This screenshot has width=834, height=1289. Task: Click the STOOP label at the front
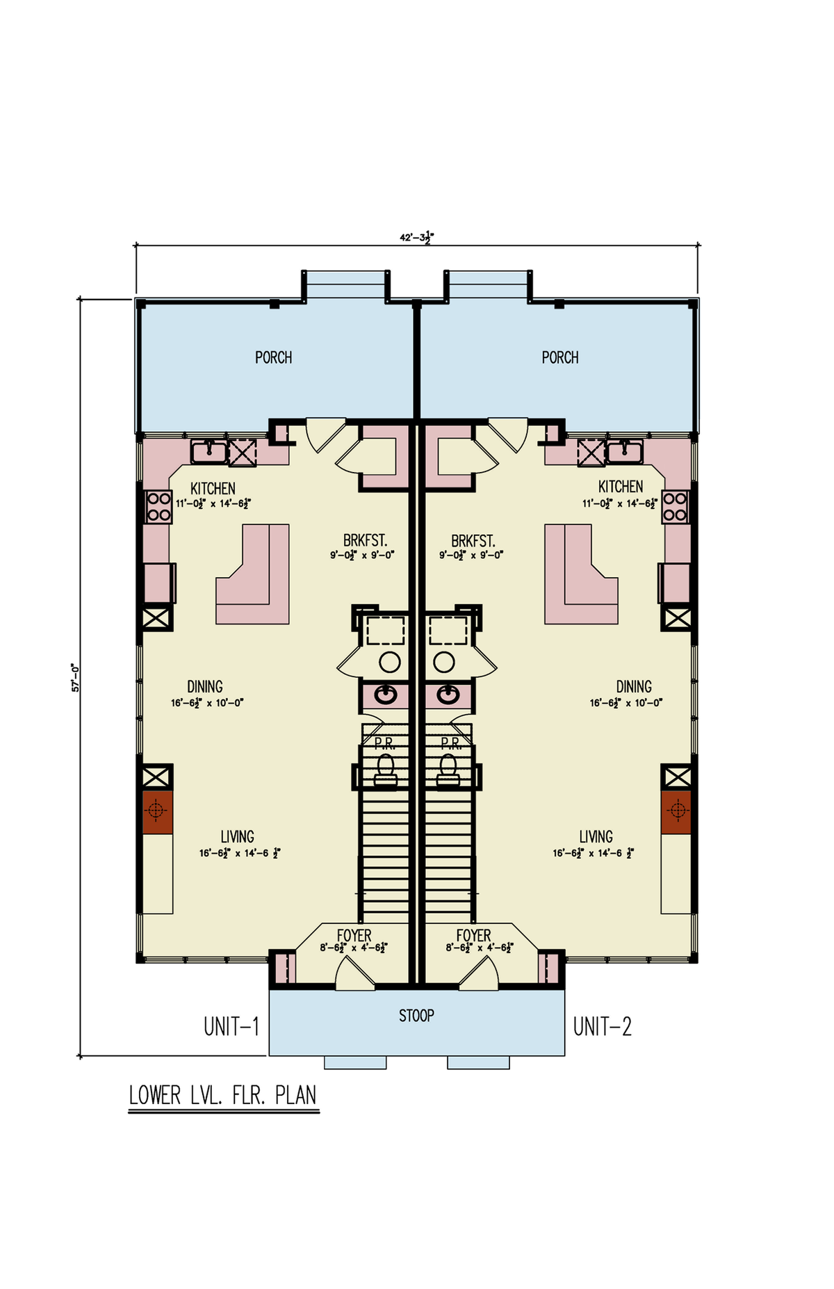coord(416,1016)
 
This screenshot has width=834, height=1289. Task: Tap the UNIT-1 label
coord(231,1026)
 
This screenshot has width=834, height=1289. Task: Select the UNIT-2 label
coord(602,1026)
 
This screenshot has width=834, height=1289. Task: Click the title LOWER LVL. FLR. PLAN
coord(223,1095)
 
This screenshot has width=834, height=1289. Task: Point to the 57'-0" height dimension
coord(75,677)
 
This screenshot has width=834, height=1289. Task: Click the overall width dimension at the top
coord(416,237)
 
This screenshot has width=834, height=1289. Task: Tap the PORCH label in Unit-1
coord(273,357)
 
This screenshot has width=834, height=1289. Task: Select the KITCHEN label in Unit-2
coord(621,487)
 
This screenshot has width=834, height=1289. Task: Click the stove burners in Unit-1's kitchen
coord(159,507)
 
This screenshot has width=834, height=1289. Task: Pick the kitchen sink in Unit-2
coord(624,452)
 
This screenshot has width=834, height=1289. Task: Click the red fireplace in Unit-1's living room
coord(156,811)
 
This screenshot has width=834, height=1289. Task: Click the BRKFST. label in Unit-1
coord(365,541)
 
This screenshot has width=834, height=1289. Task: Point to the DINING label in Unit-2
coord(634,687)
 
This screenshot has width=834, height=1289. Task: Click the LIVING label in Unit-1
coord(237,836)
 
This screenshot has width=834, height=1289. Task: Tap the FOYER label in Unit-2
coord(473,936)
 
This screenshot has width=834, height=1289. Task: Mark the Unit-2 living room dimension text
coord(593,853)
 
